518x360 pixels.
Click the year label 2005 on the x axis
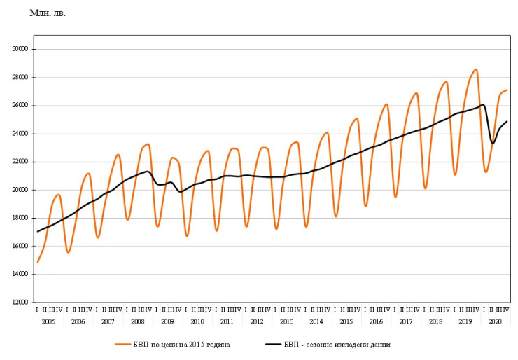(x=48, y=321)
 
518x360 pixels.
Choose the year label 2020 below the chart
(x=495, y=321)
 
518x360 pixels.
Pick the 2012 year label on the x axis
(x=257, y=321)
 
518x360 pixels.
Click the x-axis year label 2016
(x=376, y=321)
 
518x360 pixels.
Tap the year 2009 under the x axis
(x=167, y=321)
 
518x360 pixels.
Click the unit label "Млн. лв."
(x=48, y=13)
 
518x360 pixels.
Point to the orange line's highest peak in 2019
(x=476, y=69)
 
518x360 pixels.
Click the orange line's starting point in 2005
(x=38, y=262)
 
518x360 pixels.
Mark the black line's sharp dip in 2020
(x=493, y=143)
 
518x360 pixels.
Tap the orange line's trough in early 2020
(x=486, y=172)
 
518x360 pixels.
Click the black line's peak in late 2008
(x=147, y=171)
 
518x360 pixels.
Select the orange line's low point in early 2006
(x=68, y=252)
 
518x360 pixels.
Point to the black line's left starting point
(x=37, y=231)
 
